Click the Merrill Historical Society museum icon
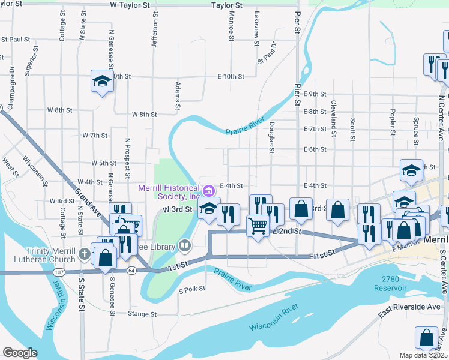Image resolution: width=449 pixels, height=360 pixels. tap(208, 191)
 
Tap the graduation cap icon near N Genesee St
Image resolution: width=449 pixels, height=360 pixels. tap(102, 81)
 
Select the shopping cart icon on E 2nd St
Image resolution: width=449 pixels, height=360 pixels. tap(258, 227)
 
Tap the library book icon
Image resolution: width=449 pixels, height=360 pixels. tap(185, 245)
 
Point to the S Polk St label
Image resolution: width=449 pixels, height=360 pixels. tap(192, 289)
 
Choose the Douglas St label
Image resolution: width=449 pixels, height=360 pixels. tap(272, 137)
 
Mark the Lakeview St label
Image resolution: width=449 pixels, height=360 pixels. tap(256, 26)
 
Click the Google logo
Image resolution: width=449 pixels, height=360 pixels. tap(20, 353)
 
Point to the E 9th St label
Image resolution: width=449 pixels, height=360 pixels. tap(315, 94)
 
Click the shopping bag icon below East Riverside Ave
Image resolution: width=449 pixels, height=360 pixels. tap(426, 338)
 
